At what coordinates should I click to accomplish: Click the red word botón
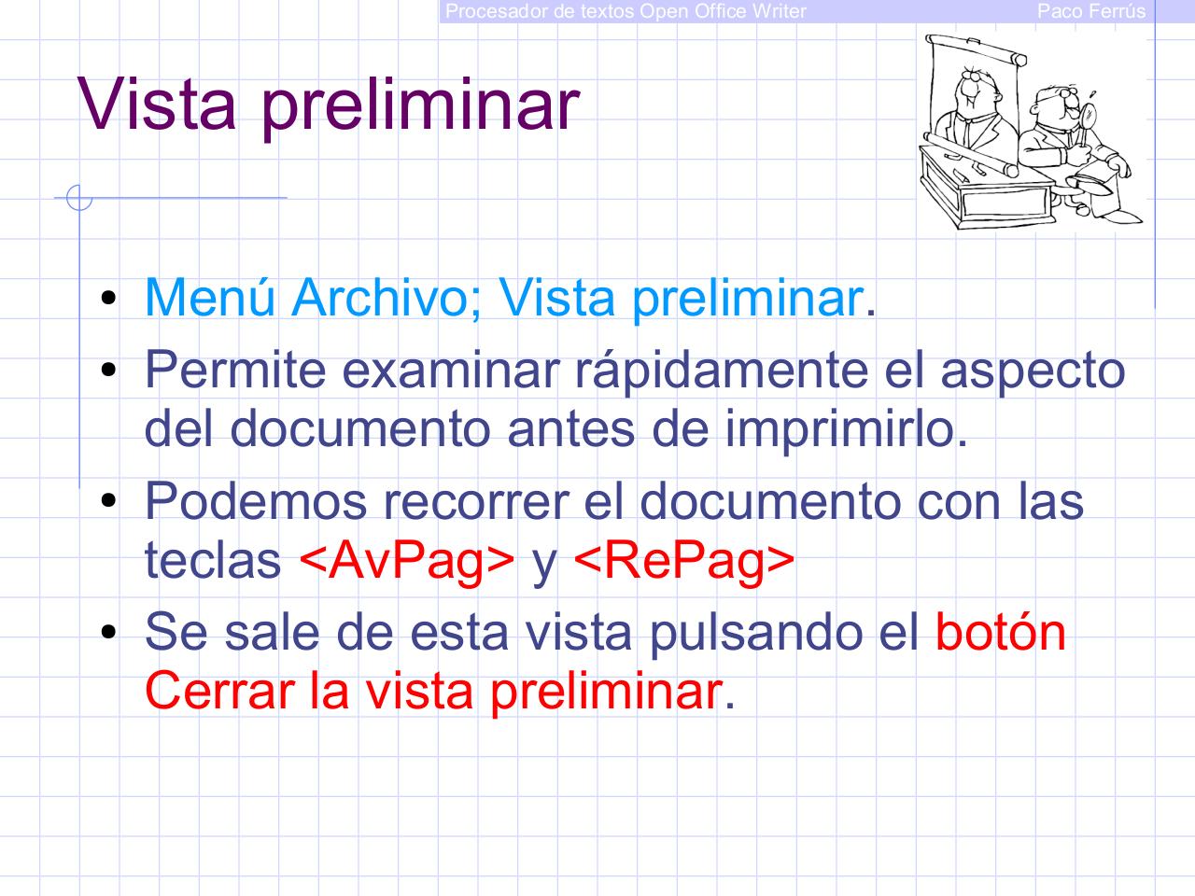point(1000,632)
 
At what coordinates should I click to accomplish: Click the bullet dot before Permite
point(109,372)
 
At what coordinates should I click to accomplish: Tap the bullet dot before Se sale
point(109,634)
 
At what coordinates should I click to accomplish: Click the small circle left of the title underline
point(79,198)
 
